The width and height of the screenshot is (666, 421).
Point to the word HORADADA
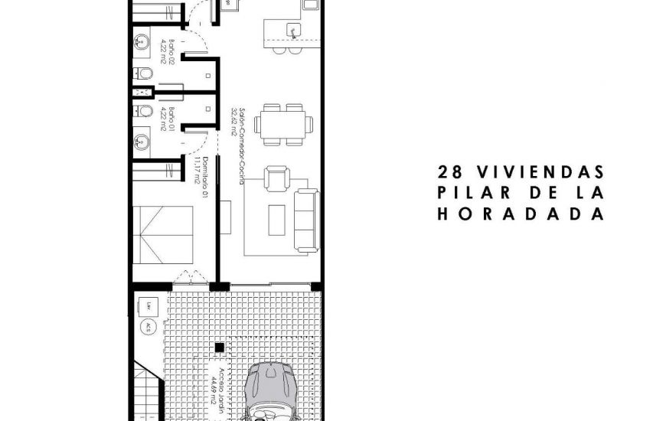pos(521,214)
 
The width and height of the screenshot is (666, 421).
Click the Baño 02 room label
pos(168,54)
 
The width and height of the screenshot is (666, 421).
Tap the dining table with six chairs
pos(283,123)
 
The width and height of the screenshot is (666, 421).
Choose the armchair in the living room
pos(276,181)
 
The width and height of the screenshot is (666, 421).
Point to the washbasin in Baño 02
pos(141,44)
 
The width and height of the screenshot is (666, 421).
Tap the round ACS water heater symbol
pos(146,327)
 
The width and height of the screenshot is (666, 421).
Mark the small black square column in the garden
pos(220,348)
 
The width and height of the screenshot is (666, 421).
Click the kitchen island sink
pos(292,30)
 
